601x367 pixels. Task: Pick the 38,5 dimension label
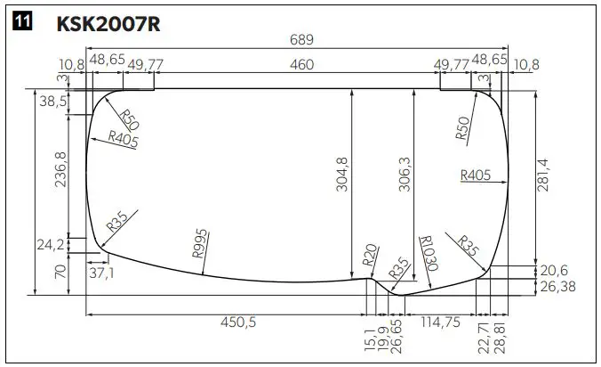52,102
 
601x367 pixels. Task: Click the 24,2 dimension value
51,243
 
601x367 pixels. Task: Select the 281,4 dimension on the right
544,174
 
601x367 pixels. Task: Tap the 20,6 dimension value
554,270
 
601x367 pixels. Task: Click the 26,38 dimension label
557,285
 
